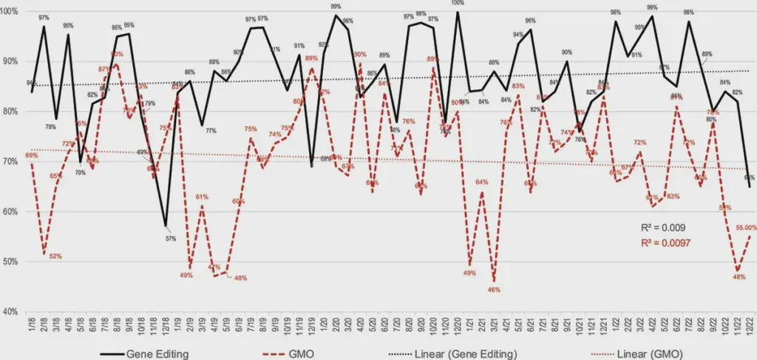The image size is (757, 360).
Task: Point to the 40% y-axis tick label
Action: click(13, 311)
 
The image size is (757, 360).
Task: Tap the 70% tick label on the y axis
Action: click(13, 161)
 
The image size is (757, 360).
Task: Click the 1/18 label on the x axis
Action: click(32, 325)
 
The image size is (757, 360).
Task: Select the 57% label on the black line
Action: click(171, 238)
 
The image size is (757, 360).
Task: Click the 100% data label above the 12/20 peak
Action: click(458, 4)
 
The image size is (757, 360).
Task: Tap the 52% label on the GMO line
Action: click(55, 257)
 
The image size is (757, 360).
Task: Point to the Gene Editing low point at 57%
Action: click(166, 225)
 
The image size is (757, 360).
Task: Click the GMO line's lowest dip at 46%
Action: click(493, 280)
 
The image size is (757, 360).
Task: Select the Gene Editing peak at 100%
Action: click(458, 12)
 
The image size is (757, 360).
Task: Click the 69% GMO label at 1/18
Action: click(31, 156)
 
